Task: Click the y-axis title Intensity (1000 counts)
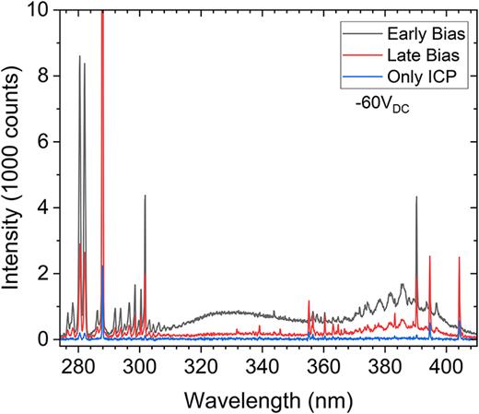(13, 175)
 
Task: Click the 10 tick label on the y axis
(44, 11)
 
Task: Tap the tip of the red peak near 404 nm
(459, 258)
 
